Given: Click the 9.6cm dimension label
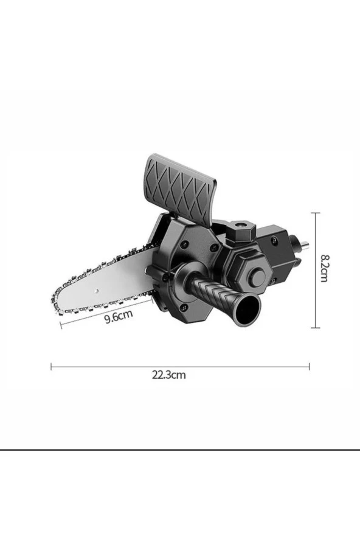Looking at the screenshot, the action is (119, 316).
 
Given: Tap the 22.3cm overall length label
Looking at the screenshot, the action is (169, 375).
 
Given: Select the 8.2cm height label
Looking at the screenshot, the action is (324, 268).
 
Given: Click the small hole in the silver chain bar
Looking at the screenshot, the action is (97, 291).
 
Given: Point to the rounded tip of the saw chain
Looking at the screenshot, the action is (55, 300).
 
